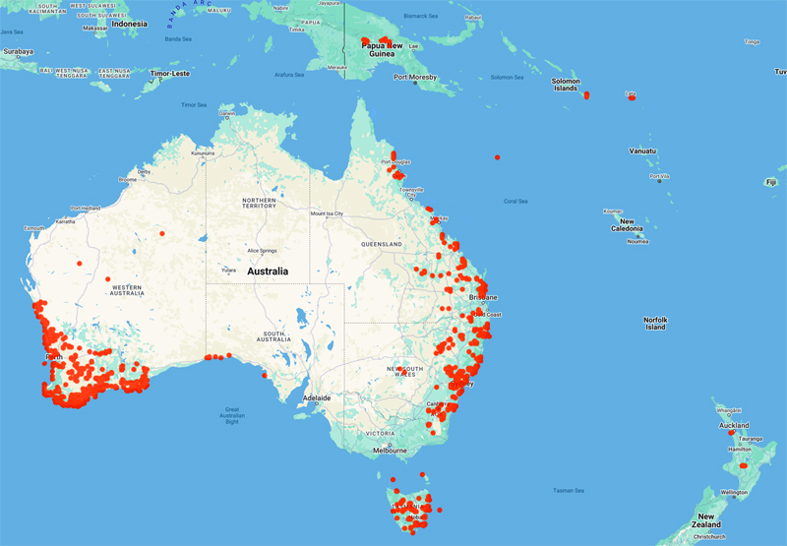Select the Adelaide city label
point(318,397)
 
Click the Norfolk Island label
point(655,323)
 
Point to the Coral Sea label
point(516,201)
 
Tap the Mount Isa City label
point(327,213)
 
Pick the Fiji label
point(771,182)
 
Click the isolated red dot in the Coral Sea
point(498,157)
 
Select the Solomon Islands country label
point(565,84)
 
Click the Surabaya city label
point(17,50)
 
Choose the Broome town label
point(128,180)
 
